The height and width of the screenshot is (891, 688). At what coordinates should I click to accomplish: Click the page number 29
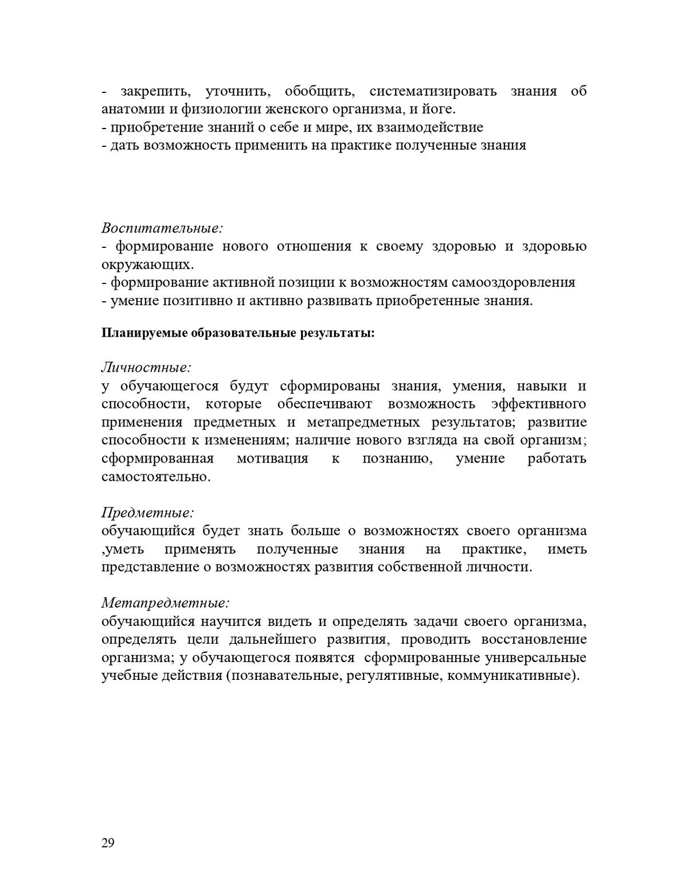pos(108,843)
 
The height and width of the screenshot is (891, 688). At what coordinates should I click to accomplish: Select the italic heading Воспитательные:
pos(162,228)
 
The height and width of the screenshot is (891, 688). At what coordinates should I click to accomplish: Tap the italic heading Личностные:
pos(146,367)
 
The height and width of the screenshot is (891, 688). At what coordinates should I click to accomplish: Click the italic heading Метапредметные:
pos(166,603)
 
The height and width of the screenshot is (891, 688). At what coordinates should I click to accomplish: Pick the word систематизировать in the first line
pos(433,91)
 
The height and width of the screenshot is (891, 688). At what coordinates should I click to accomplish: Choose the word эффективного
pos(539,404)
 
